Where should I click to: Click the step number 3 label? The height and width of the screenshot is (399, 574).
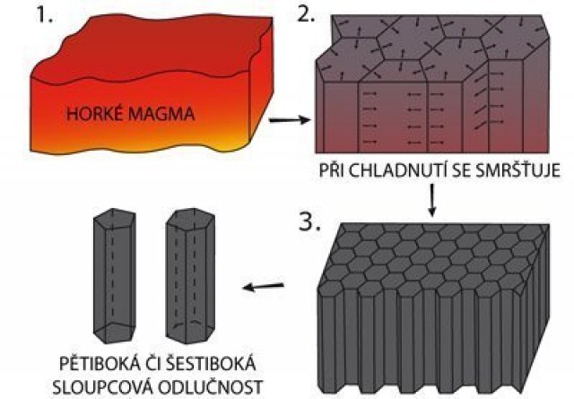click(309, 221)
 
